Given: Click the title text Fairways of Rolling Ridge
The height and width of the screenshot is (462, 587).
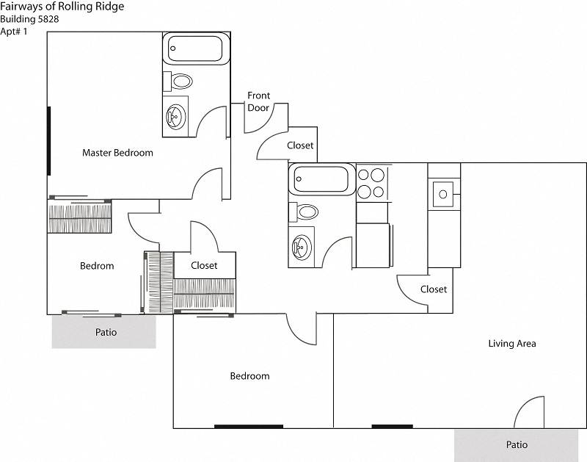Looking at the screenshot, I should (x=62, y=7).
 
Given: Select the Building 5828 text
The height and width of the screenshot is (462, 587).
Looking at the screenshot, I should (x=30, y=19).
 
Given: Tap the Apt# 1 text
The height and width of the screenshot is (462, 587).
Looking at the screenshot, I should (x=14, y=31).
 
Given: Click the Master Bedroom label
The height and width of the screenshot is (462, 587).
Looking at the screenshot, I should (x=117, y=153).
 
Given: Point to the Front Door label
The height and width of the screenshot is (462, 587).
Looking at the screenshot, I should (x=258, y=101).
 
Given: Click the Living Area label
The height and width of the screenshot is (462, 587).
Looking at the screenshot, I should (x=512, y=343).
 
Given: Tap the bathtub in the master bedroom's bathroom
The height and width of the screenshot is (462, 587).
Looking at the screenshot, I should (x=194, y=49).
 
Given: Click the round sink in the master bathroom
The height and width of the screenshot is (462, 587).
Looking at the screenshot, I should (x=176, y=115).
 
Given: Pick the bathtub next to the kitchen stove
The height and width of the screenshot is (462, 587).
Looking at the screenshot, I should (x=321, y=179).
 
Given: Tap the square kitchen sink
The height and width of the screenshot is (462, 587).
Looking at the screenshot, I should (x=443, y=195).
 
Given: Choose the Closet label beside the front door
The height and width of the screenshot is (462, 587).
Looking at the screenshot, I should (x=300, y=145).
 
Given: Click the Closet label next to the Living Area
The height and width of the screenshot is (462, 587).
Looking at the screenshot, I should (x=434, y=289).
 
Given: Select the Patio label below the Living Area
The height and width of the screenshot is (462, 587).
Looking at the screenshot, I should (x=517, y=444).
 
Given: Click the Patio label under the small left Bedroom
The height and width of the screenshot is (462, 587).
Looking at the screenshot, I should (x=106, y=332).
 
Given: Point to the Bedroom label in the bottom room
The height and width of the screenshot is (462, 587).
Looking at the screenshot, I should (x=249, y=376).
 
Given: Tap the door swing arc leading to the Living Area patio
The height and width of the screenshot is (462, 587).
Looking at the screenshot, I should (x=527, y=411).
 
